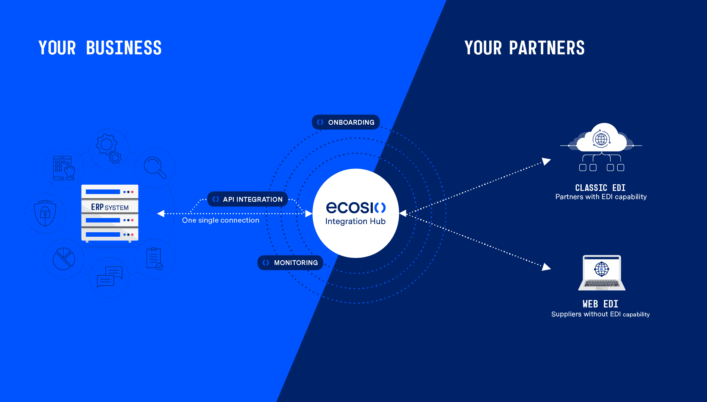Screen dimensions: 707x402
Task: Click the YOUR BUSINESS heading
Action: (100, 48)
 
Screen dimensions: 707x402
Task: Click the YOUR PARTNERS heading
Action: (525, 48)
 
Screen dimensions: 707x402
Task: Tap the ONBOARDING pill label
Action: (346, 122)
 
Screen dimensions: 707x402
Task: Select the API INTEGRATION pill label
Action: (247, 199)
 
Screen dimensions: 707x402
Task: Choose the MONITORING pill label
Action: (290, 262)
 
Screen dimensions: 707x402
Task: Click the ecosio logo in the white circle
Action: (356, 207)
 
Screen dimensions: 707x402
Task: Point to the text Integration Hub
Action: (355, 221)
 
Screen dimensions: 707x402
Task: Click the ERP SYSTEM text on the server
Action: (110, 207)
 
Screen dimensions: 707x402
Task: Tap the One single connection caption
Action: (221, 220)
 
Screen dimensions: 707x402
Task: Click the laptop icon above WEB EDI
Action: (602, 273)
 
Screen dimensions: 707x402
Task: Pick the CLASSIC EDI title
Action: (600, 188)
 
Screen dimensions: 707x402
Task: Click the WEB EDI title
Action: (600, 304)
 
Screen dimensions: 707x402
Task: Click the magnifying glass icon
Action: (155, 167)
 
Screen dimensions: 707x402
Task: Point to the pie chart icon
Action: (64, 259)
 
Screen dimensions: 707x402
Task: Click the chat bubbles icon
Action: (109, 277)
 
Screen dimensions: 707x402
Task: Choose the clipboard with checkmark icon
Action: (154, 259)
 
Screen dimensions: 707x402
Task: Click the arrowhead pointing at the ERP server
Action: (161, 214)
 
